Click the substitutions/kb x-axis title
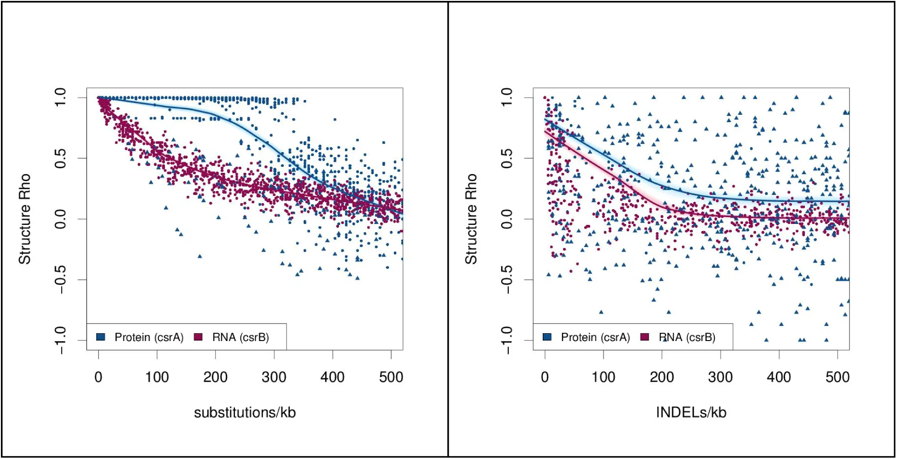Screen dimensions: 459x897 [x=245, y=412]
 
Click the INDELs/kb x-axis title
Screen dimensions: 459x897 [x=691, y=412]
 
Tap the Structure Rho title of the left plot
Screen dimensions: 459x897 [x=24, y=219]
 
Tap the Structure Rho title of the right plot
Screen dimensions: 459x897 [x=471, y=219]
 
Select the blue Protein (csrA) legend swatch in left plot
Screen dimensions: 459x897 [x=100, y=337]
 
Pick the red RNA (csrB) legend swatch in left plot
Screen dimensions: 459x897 [x=198, y=337]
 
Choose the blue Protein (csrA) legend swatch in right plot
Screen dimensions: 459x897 [x=547, y=337]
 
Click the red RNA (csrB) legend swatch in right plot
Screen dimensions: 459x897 [x=645, y=337]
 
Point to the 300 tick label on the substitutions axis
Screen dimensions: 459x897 [x=274, y=377]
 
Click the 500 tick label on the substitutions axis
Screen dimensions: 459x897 [x=391, y=377]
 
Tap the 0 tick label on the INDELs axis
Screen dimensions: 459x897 [x=545, y=377]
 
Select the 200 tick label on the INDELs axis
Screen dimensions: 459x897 [x=662, y=377]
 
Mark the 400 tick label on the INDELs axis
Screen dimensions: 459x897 [x=779, y=377]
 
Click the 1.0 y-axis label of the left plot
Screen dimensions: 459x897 [x=60, y=98]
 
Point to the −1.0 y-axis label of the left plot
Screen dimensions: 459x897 [x=60, y=340]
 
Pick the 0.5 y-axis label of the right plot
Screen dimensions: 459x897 [x=507, y=159]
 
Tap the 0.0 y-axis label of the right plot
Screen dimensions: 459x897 [x=507, y=219]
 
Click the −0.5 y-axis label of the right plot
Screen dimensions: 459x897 [x=507, y=279]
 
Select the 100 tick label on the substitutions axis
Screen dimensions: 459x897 [x=157, y=377]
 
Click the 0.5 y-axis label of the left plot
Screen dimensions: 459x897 [x=60, y=159]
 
